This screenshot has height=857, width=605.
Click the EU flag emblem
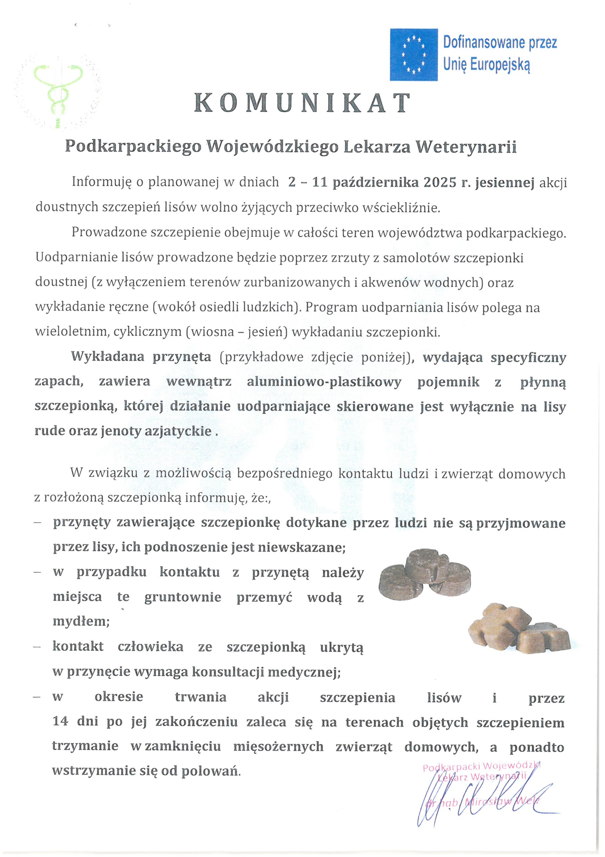[413, 55]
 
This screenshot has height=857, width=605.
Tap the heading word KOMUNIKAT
[302, 103]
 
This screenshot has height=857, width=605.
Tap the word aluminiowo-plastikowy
[324, 382]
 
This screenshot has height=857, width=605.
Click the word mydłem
[81, 621]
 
